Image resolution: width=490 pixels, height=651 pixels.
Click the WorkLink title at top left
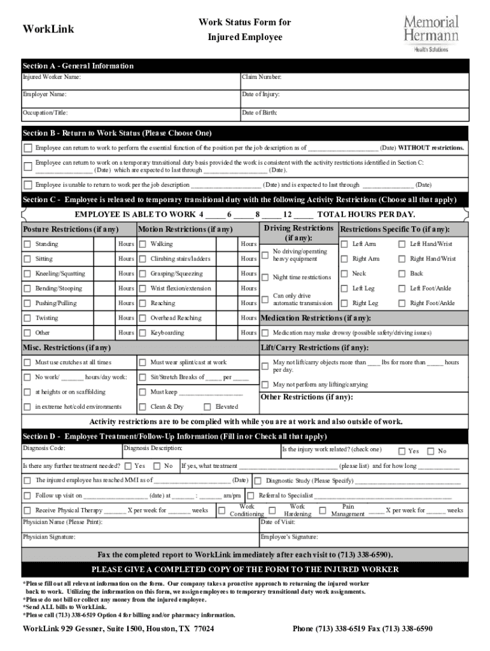pos(48,29)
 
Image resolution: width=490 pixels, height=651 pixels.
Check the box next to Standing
pos(27,244)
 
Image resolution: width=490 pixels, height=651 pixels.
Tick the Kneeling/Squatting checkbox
pos(27,274)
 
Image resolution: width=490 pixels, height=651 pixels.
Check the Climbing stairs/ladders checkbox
pos(143,259)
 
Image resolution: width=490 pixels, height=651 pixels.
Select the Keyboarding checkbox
pos(143,332)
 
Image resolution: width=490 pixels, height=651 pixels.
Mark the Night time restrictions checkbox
pos(265,277)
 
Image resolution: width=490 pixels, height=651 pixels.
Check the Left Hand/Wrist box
pos(402,244)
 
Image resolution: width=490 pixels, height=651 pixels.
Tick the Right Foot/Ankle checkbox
pos(402,303)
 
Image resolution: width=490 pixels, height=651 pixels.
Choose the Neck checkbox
pos(344,274)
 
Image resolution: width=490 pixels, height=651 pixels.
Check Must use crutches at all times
pos(27,362)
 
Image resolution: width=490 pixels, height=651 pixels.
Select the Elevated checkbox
pos(207,407)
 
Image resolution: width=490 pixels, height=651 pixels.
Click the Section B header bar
pos(245,134)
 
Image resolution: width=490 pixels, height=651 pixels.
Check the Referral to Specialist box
pos(251,495)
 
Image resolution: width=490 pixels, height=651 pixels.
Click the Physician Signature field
pos(140,539)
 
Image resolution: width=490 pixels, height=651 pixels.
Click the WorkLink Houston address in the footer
pos(118,629)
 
